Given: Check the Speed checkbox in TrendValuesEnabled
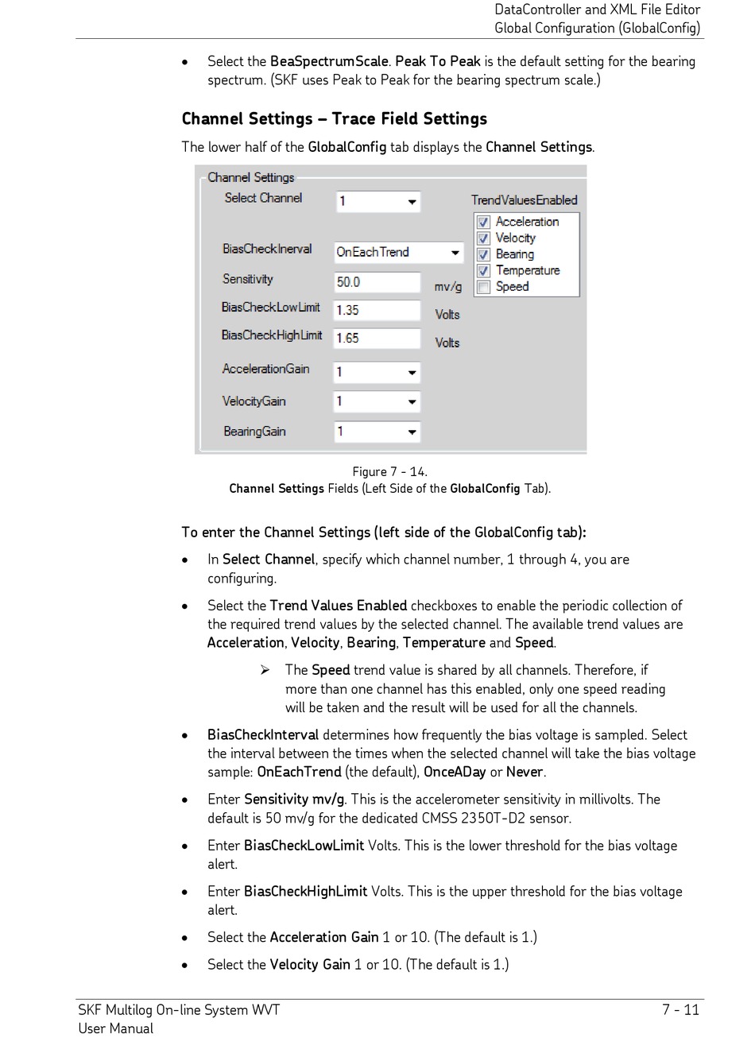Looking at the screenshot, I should click(x=483, y=287).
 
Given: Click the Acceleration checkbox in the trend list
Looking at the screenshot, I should click(x=483, y=223).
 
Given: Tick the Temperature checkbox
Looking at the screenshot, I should click(x=483, y=271).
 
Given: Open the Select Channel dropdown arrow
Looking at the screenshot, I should click(x=412, y=202).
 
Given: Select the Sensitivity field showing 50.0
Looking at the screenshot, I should click(x=377, y=282).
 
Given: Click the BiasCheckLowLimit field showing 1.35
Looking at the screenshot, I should click(x=377, y=310).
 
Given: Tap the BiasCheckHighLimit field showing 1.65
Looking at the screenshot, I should click(x=377, y=339).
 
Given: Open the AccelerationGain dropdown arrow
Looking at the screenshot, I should click(x=412, y=373).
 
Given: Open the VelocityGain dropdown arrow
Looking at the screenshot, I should click(x=412, y=402).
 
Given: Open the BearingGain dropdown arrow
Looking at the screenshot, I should click(x=412, y=432).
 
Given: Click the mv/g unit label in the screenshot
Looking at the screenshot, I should click(x=447, y=286).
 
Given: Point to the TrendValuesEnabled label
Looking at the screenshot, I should click(x=524, y=200).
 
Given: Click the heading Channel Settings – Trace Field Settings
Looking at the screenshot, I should click(x=334, y=119).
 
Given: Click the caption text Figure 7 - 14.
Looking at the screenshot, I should click(x=389, y=471).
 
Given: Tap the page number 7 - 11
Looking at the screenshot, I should click(x=680, y=1010).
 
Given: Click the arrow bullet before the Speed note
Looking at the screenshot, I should click(x=265, y=670).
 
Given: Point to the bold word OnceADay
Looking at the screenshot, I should click(x=455, y=772).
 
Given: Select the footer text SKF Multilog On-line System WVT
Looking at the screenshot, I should click(x=179, y=1010).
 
